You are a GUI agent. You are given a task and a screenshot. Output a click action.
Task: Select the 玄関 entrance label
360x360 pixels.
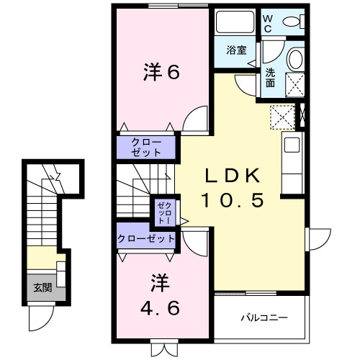coord(41,288)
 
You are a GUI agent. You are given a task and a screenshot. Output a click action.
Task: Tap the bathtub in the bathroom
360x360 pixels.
coord(235,26)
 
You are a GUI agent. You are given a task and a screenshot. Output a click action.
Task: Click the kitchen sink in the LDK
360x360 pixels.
coord(292,144)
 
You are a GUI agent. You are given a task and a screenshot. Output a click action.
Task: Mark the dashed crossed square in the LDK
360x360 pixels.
coord(282,117)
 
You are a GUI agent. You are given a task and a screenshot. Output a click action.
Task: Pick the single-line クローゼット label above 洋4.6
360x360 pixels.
coord(147,238)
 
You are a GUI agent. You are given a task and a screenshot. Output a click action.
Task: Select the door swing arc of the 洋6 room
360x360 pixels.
coord(194,120)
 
